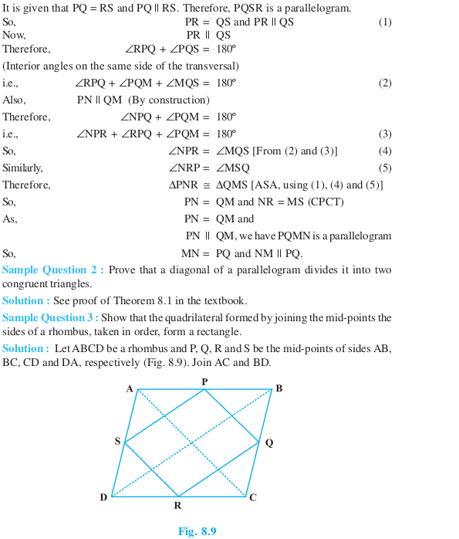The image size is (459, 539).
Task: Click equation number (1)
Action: (x=384, y=22)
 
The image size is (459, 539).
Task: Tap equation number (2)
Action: (x=384, y=83)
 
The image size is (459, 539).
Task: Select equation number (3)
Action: (x=384, y=134)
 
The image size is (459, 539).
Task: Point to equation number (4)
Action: (x=384, y=151)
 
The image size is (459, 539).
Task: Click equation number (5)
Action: (x=384, y=168)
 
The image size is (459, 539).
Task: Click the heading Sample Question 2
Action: (x=52, y=270)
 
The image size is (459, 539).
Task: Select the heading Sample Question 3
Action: (x=50, y=318)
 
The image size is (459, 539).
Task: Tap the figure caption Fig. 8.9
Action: (x=197, y=531)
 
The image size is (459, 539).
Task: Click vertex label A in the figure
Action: (x=130, y=389)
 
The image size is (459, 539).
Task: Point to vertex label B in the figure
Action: (x=278, y=388)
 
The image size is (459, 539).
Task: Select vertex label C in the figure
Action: (x=252, y=498)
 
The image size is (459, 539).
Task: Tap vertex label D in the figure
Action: (x=103, y=498)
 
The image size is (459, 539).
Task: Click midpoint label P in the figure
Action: (x=204, y=382)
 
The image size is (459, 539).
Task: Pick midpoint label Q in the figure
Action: (x=268, y=443)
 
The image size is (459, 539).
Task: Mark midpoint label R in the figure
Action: (x=177, y=507)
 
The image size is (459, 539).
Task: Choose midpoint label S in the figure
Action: (x=117, y=442)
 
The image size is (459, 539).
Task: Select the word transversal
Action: (x=209, y=66)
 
